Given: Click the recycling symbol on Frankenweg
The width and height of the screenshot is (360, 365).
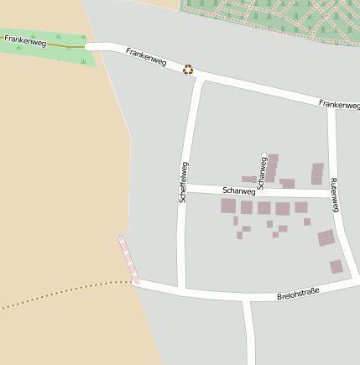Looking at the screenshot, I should coord(189,70).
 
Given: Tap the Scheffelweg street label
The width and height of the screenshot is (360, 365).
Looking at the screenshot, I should coord(183,182).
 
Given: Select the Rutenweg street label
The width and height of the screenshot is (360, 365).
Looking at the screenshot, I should coord(333,194).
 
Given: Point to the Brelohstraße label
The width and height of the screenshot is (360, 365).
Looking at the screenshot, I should coord(298,294).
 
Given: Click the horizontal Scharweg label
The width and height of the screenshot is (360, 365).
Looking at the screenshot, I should coord(237,190).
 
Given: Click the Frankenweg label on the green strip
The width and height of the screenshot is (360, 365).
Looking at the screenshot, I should coord(25,39).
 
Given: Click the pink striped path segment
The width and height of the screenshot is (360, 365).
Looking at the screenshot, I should coord(128,258).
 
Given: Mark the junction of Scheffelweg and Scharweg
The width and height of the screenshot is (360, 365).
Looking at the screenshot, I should coord(184,188).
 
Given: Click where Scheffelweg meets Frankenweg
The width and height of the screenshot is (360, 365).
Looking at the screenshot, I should coord(198,77).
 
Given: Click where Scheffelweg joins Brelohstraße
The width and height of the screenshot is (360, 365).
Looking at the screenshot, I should coord(181,289).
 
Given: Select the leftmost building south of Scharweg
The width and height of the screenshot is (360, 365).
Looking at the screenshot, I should coord(228,206).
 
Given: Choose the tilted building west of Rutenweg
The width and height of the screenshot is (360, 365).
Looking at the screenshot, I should coord(326,238).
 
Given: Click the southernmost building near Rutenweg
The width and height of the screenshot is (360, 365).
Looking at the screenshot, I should coord(337,267).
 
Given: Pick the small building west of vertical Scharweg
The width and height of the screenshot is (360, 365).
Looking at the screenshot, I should coord(248,179).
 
